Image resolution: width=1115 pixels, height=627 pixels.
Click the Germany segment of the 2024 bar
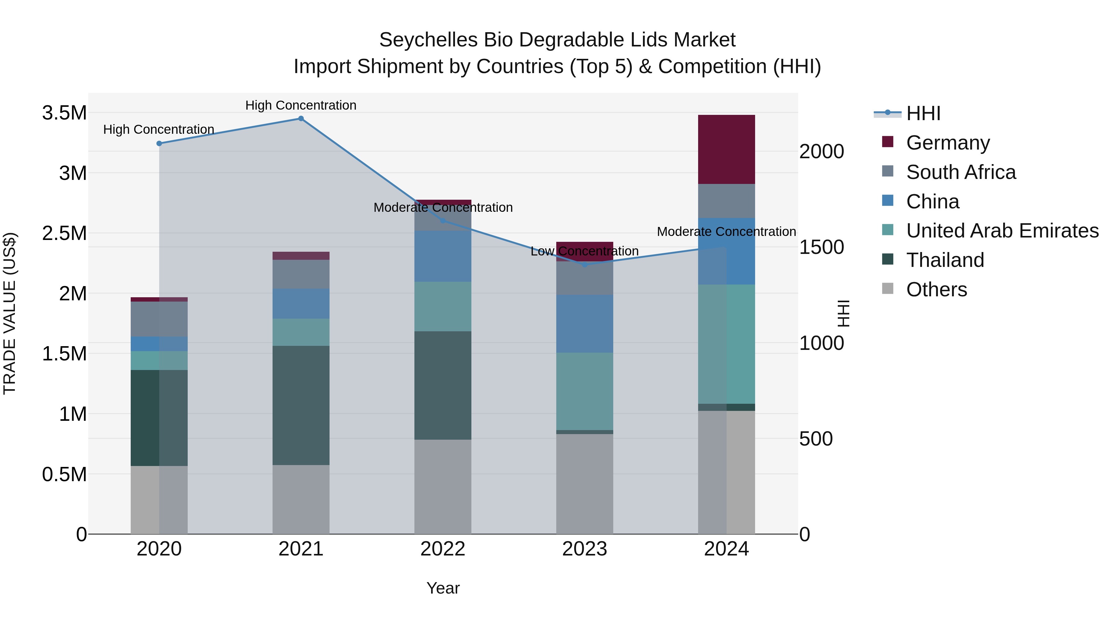click(x=726, y=149)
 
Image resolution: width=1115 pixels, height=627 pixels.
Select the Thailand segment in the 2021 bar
click(x=301, y=405)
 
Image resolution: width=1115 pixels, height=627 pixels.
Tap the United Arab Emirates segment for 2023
click(x=584, y=391)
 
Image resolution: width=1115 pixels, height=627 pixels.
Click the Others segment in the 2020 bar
click(x=159, y=499)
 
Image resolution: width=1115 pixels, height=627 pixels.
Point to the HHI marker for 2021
click(x=301, y=119)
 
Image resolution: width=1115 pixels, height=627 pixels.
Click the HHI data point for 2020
click(x=159, y=144)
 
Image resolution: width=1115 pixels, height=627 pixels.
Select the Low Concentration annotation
click(x=584, y=251)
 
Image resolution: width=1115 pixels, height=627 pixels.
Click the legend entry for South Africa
click(x=960, y=172)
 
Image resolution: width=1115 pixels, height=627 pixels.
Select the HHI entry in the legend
click(x=923, y=113)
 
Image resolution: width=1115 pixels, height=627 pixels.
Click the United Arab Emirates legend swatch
click(x=887, y=230)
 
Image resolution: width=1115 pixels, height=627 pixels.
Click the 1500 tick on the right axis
click(x=821, y=247)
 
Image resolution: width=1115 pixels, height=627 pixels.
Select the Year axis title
click(x=443, y=588)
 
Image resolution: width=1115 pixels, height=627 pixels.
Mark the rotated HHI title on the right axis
click(x=843, y=313)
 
